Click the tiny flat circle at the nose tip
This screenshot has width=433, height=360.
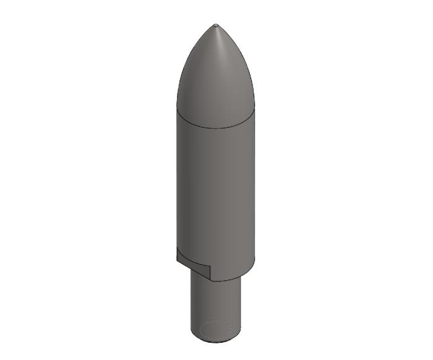click(215, 25)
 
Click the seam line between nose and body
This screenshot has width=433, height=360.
click(215, 127)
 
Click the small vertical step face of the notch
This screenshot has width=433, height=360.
click(211, 273)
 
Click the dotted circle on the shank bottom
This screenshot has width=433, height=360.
click(215, 330)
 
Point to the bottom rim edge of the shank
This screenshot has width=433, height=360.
click(215, 342)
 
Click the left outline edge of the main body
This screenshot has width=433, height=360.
click(177, 186)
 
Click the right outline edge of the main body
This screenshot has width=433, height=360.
click(254, 186)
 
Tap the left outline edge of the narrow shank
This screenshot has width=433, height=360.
click(189, 303)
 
